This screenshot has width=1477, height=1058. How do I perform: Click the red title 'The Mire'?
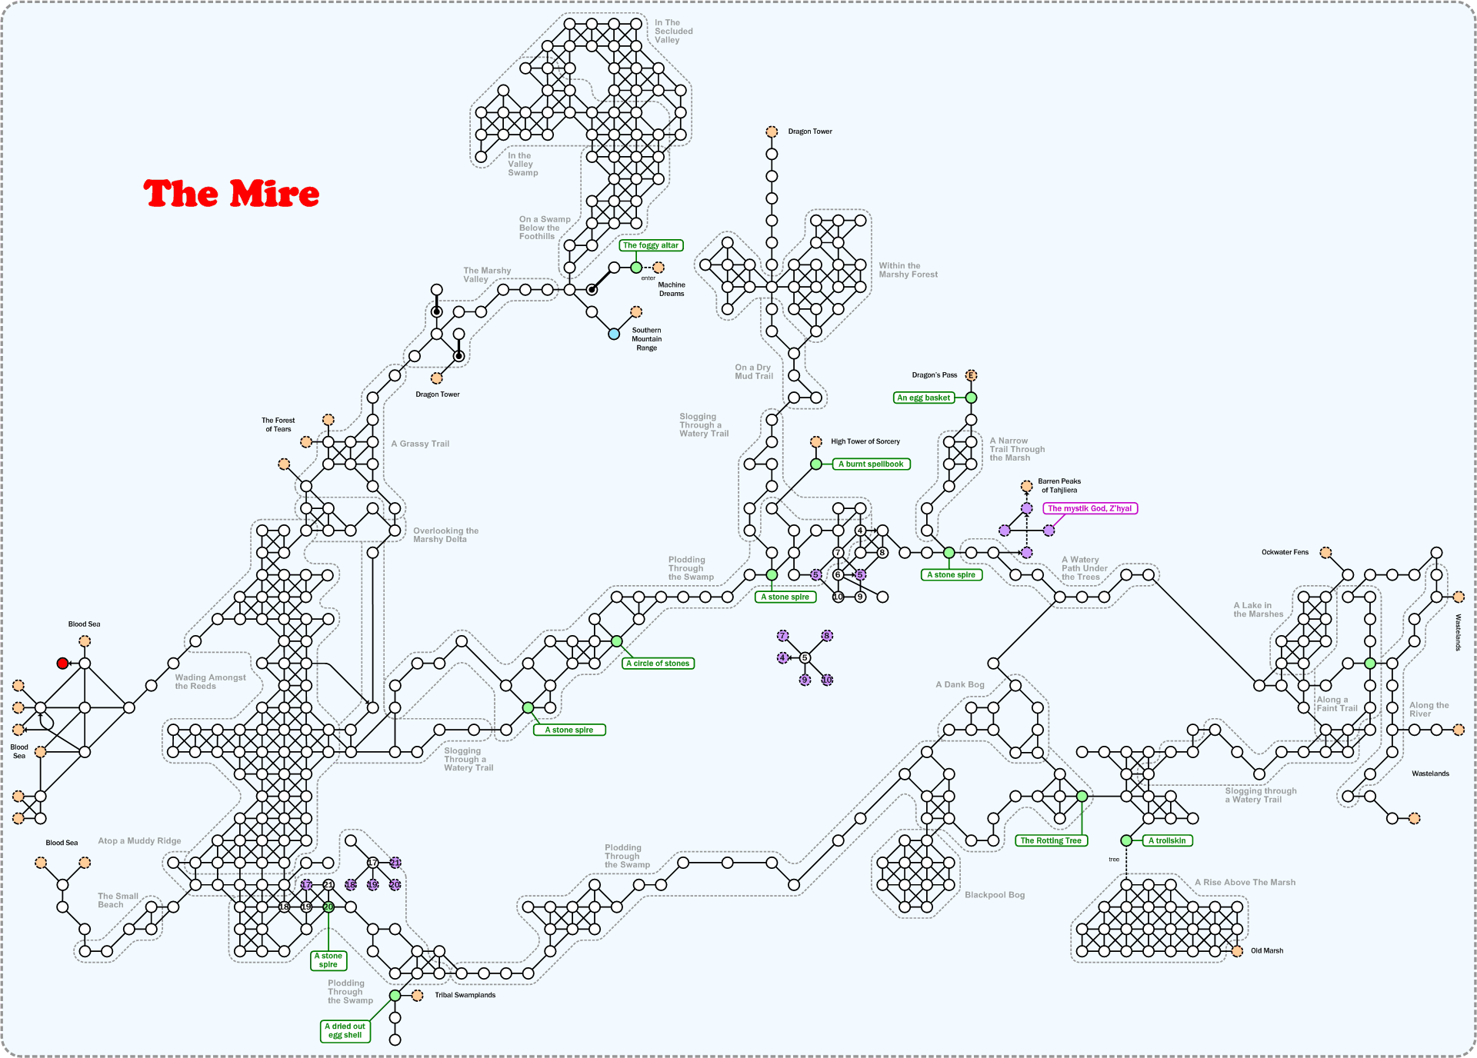pyautogui.click(x=231, y=194)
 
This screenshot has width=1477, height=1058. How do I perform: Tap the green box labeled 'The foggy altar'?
pyautogui.click(x=651, y=245)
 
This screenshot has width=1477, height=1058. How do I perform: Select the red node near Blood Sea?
pyautogui.click(x=62, y=664)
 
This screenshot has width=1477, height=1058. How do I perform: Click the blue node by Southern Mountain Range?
pyautogui.click(x=614, y=334)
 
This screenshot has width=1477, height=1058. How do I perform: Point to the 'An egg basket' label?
pyautogui.click(x=924, y=398)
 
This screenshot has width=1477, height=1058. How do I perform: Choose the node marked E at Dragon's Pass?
pyautogui.click(x=971, y=375)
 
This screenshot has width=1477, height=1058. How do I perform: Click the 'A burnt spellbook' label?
pyautogui.click(x=871, y=464)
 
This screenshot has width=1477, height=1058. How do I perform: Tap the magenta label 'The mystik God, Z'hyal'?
pyautogui.click(x=1089, y=508)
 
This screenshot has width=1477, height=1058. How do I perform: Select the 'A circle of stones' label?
pyautogui.click(x=658, y=664)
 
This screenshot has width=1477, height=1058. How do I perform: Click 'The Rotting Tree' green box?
pyautogui.click(x=1051, y=840)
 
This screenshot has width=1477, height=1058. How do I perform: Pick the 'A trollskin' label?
pyautogui.click(x=1167, y=840)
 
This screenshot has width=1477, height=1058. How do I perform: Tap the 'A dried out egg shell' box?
pyautogui.click(x=345, y=1030)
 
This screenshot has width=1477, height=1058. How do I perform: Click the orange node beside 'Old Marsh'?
pyautogui.click(x=1237, y=951)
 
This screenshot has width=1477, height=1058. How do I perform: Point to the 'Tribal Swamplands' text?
pyautogui.click(x=465, y=995)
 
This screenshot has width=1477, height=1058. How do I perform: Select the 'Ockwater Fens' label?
pyautogui.click(x=1285, y=552)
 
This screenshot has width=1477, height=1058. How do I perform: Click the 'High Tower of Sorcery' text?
pyautogui.click(x=865, y=441)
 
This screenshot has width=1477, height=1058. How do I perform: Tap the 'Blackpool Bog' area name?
pyautogui.click(x=995, y=895)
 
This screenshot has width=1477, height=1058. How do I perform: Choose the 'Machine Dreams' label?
pyautogui.click(x=671, y=289)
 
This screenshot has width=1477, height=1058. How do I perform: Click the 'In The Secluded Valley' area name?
pyautogui.click(x=673, y=32)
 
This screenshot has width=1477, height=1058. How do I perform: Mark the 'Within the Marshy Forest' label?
pyautogui.click(x=908, y=270)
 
